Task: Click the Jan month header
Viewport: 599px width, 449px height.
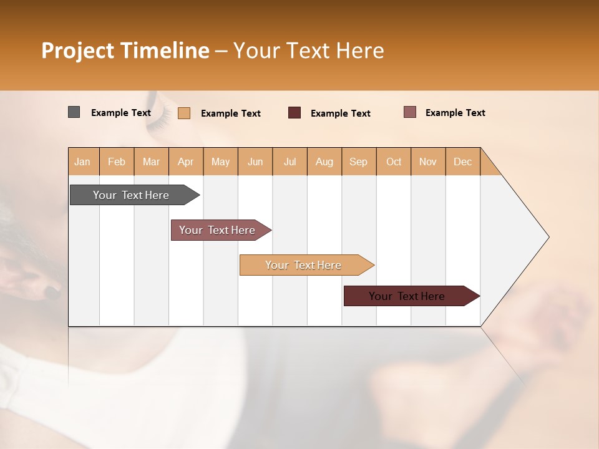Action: point(83,162)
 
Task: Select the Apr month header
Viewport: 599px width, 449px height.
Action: point(186,162)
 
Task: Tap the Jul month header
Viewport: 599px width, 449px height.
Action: point(290,162)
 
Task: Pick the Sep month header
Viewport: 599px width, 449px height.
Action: point(358,162)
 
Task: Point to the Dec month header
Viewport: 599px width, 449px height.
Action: point(462,162)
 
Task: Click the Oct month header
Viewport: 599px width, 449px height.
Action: point(393,162)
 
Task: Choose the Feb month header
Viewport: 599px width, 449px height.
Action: point(117,162)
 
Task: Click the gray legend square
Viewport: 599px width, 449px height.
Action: point(74,112)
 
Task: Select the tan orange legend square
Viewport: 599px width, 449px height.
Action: point(184,113)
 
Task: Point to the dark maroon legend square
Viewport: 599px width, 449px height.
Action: point(295,113)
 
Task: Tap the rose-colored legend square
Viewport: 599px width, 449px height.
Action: point(409,112)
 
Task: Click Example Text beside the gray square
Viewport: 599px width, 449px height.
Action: point(121,113)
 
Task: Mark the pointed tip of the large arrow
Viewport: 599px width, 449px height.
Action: point(548,237)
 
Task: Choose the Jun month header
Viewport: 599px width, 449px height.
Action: point(255,162)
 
